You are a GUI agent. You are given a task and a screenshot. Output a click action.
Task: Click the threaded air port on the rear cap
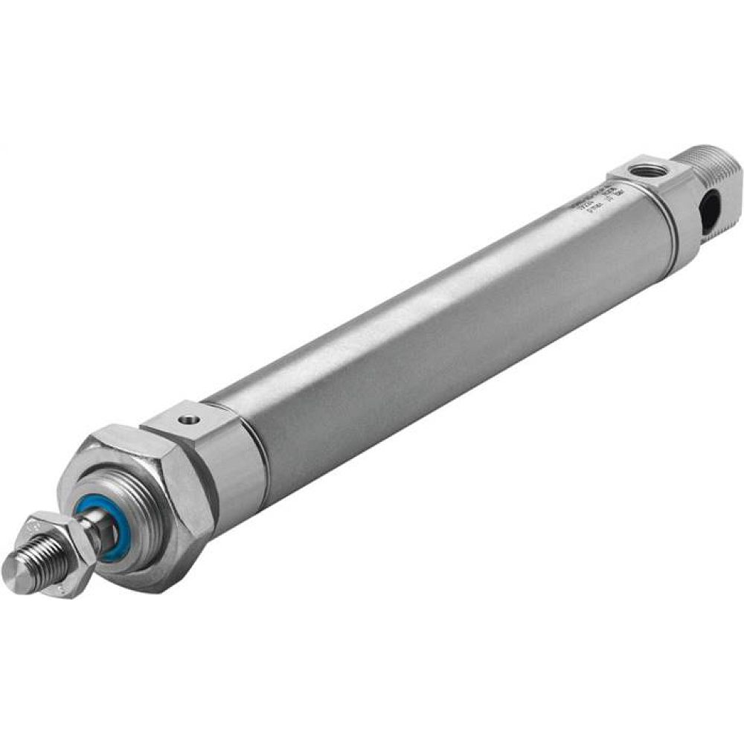(x=641, y=172)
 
